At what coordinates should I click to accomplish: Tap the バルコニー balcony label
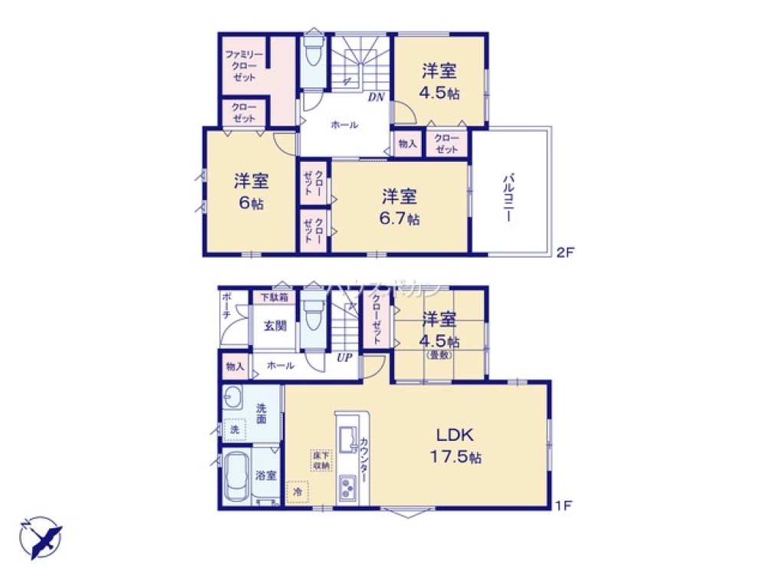(x=508, y=197)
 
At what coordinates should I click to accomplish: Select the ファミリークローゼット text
(x=244, y=67)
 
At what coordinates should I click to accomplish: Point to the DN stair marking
(x=376, y=97)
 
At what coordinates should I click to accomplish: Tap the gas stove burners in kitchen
(x=348, y=486)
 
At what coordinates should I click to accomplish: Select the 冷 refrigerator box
(x=297, y=491)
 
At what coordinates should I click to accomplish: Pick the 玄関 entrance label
(x=275, y=326)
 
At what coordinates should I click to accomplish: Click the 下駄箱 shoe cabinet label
(x=273, y=297)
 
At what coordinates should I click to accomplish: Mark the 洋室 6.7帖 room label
(x=399, y=206)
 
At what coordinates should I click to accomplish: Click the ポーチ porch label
(x=226, y=307)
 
